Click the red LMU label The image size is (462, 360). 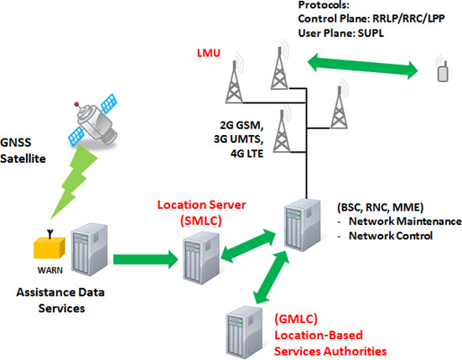click(x=209, y=53)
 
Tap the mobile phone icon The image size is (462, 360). click(x=442, y=70)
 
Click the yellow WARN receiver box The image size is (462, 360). click(x=49, y=247)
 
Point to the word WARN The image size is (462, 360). click(x=50, y=270)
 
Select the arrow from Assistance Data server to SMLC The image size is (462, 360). click(x=146, y=259)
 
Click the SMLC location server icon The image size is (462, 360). click(x=201, y=258)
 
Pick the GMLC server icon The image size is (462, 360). click(x=244, y=332)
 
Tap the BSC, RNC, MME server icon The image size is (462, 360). click(x=303, y=225)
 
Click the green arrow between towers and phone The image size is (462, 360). click(x=363, y=66)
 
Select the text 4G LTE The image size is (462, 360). click(x=247, y=154)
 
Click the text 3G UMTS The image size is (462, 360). click(x=239, y=138)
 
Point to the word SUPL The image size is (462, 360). click(x=371, y=33)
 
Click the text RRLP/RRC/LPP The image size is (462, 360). click(x=408, y=18)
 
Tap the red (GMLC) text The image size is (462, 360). click(x=296, y=319)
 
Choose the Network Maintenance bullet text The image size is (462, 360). click(x=405, y=222)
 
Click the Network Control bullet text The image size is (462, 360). click(x=391, y=236)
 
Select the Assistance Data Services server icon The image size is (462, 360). click(x=89, y=250)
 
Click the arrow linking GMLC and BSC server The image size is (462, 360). click(x=272, y=278)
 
